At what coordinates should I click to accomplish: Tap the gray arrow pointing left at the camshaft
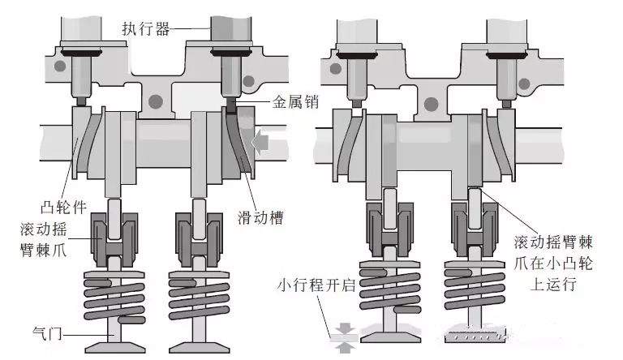click(x=261, y=144)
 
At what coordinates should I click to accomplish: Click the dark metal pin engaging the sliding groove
click(x=230, y=105)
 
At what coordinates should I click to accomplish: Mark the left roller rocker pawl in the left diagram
click(x=110, y=236)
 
